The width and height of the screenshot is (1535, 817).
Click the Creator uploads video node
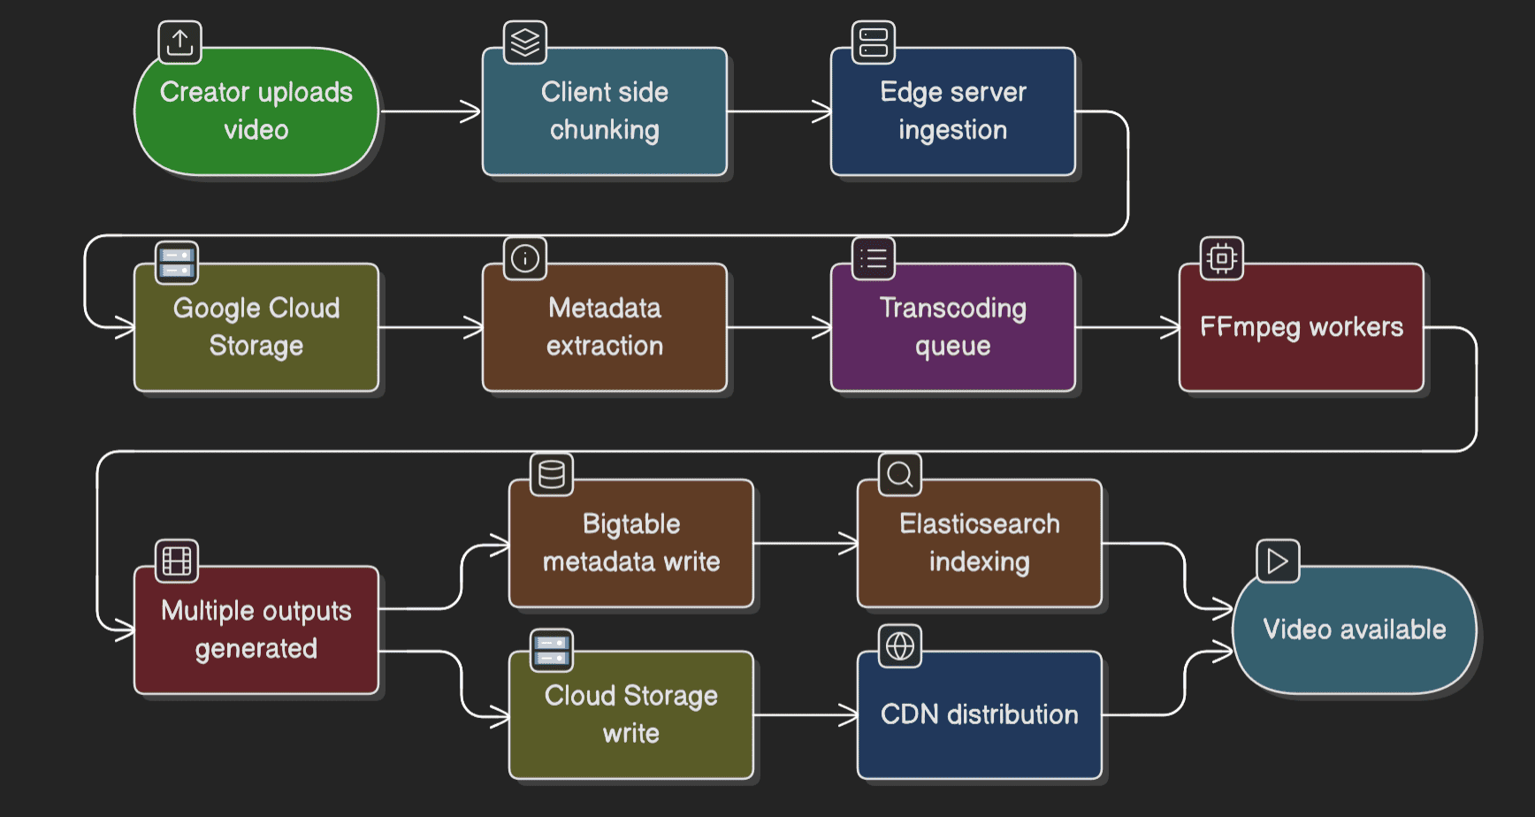point(256,111)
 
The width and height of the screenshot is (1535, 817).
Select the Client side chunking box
point(604,111)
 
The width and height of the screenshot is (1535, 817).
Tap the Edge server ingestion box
point(952,111)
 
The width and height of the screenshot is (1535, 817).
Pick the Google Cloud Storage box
point(256,327)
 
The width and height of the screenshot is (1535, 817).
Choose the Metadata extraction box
point(604,327)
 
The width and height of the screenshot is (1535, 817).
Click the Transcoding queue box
point(952,327)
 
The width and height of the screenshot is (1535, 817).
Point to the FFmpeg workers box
point(1301,327)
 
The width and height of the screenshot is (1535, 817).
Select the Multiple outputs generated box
point(256,630)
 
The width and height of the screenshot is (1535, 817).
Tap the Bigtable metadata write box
point(630,543)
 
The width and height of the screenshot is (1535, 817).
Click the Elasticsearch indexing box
point(979,543)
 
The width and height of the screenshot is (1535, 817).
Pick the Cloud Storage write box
point(630,714)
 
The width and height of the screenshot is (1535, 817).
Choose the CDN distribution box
point(979,714)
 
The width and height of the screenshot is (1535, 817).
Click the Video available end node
point(1354,630)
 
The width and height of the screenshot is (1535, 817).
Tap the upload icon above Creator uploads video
point(179,42)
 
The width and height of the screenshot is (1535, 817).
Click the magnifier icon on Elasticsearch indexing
point(899,475)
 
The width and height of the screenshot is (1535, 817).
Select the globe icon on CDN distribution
point(899,646)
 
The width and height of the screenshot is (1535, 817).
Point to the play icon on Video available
point(1278,561)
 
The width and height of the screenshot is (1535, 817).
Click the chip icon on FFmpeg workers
point(1221,258)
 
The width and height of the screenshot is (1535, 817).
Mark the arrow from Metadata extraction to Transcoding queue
point(778,327)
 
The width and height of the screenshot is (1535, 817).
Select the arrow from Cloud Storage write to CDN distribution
point(805,714)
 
